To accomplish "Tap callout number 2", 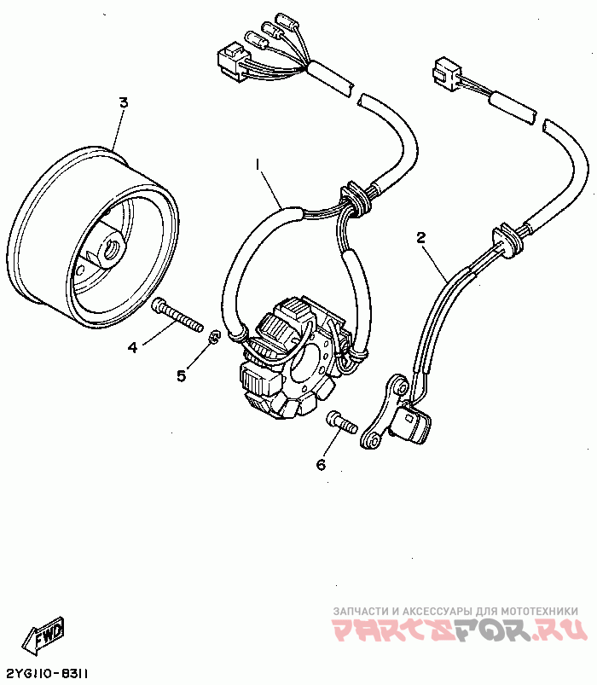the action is pyautogui.click(x=421, y=238).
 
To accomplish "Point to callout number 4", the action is pyautogui.click(x=132, y=347).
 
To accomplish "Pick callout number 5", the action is pyautogui.click(x=181, y=375).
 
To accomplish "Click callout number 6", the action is pyautogui.click(x=321, y=464).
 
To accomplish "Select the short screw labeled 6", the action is pyautogui.click(x=339, y=421).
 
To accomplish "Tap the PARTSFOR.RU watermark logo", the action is pyautogui.click(x=460, y=630).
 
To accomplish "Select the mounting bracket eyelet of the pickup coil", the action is pyautogui.click(x=371, y=440).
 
